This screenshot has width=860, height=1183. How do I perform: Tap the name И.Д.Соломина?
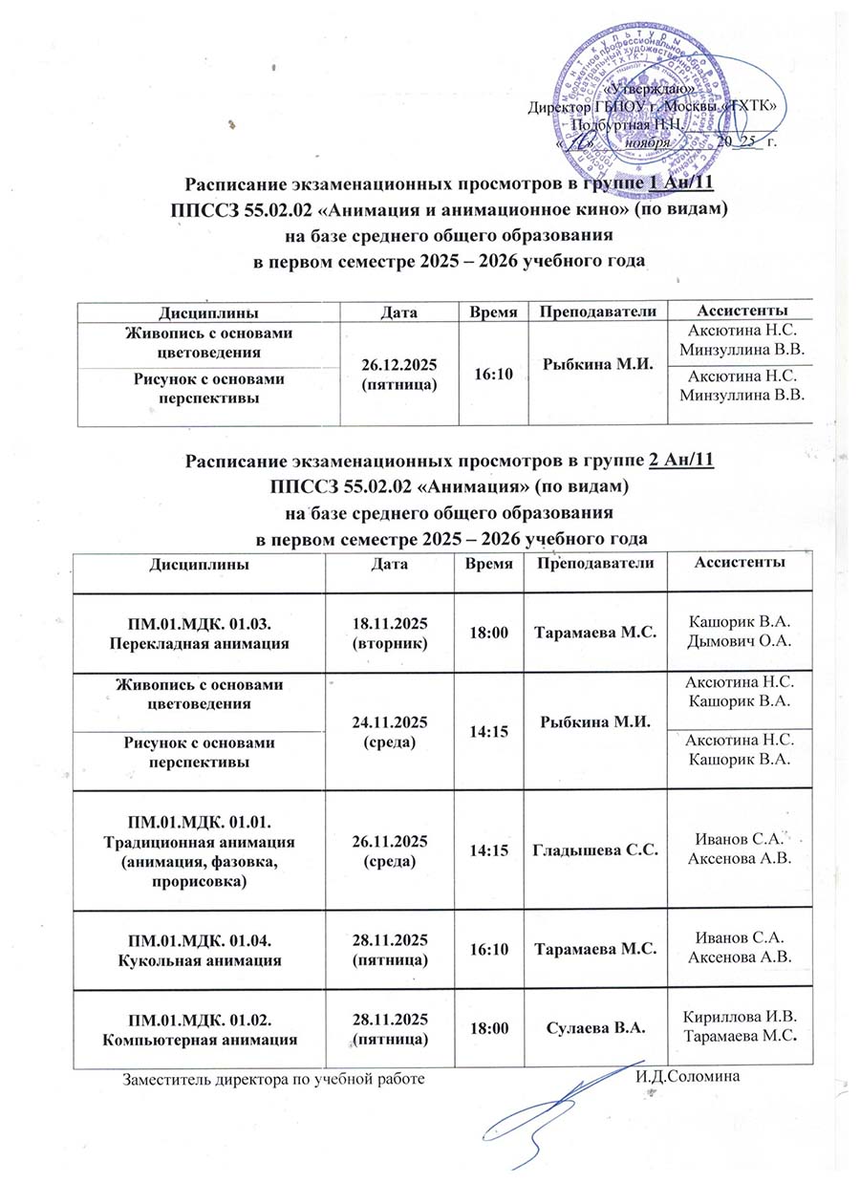tap(688, 1078)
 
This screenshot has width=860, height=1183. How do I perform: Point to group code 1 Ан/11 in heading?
tap(681, 183)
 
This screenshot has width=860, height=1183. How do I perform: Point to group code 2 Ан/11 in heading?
tap(681, 462)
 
